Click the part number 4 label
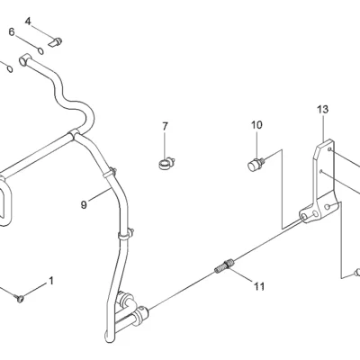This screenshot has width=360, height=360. tap(28, 22)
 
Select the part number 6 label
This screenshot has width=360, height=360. tap(12, 31)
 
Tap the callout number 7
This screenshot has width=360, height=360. tap(166, 127)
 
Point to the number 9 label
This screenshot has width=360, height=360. tap(84, 205)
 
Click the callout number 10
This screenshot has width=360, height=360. tap(256, 125)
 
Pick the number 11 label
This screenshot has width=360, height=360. tap(259, 286)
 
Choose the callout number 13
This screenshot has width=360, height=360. tap(323, 109)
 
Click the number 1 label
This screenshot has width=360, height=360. tap(51, 281)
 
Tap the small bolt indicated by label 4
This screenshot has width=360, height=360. tap(56, 42)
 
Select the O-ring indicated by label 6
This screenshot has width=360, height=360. tap(40, 51)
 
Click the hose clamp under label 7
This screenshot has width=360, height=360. tap(166, 164)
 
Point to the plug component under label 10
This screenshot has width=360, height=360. tap(256, 165)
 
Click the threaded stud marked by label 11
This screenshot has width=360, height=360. tap(225, 265)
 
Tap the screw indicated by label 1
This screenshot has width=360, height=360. tap(20, 298)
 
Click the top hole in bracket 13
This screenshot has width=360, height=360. tap(329, 149)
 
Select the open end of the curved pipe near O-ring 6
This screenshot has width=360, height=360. tap(22, 61)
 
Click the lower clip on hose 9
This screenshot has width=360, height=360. tap(126, 234)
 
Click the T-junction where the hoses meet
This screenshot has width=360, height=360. tap(74, 135)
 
